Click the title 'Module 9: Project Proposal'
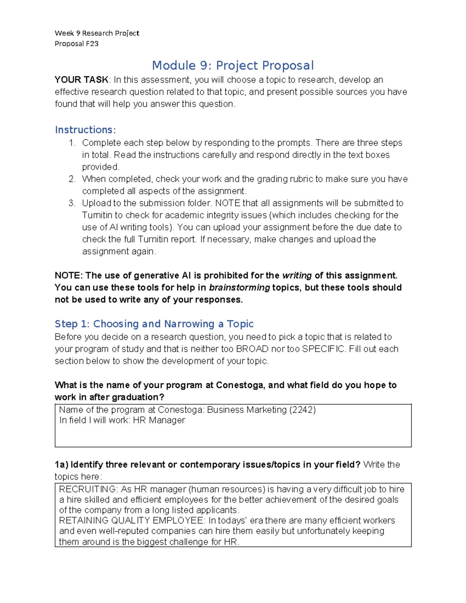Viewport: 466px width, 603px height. [233, 65]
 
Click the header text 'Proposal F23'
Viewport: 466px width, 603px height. [77, 43]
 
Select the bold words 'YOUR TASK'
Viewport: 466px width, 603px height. [82, 80]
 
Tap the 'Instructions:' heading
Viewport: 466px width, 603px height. [85, 130]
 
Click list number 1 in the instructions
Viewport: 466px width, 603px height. [72, 143]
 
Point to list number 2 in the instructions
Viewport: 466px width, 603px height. [72, 179]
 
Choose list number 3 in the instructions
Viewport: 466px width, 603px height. [72, 203]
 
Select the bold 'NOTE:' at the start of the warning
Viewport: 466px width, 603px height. [69, 276]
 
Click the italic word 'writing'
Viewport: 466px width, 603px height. [297, 276]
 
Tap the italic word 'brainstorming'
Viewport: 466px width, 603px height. [239, 288]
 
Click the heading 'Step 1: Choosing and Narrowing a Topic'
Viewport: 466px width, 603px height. [154, 324]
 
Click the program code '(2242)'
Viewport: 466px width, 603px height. [303, 410]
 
